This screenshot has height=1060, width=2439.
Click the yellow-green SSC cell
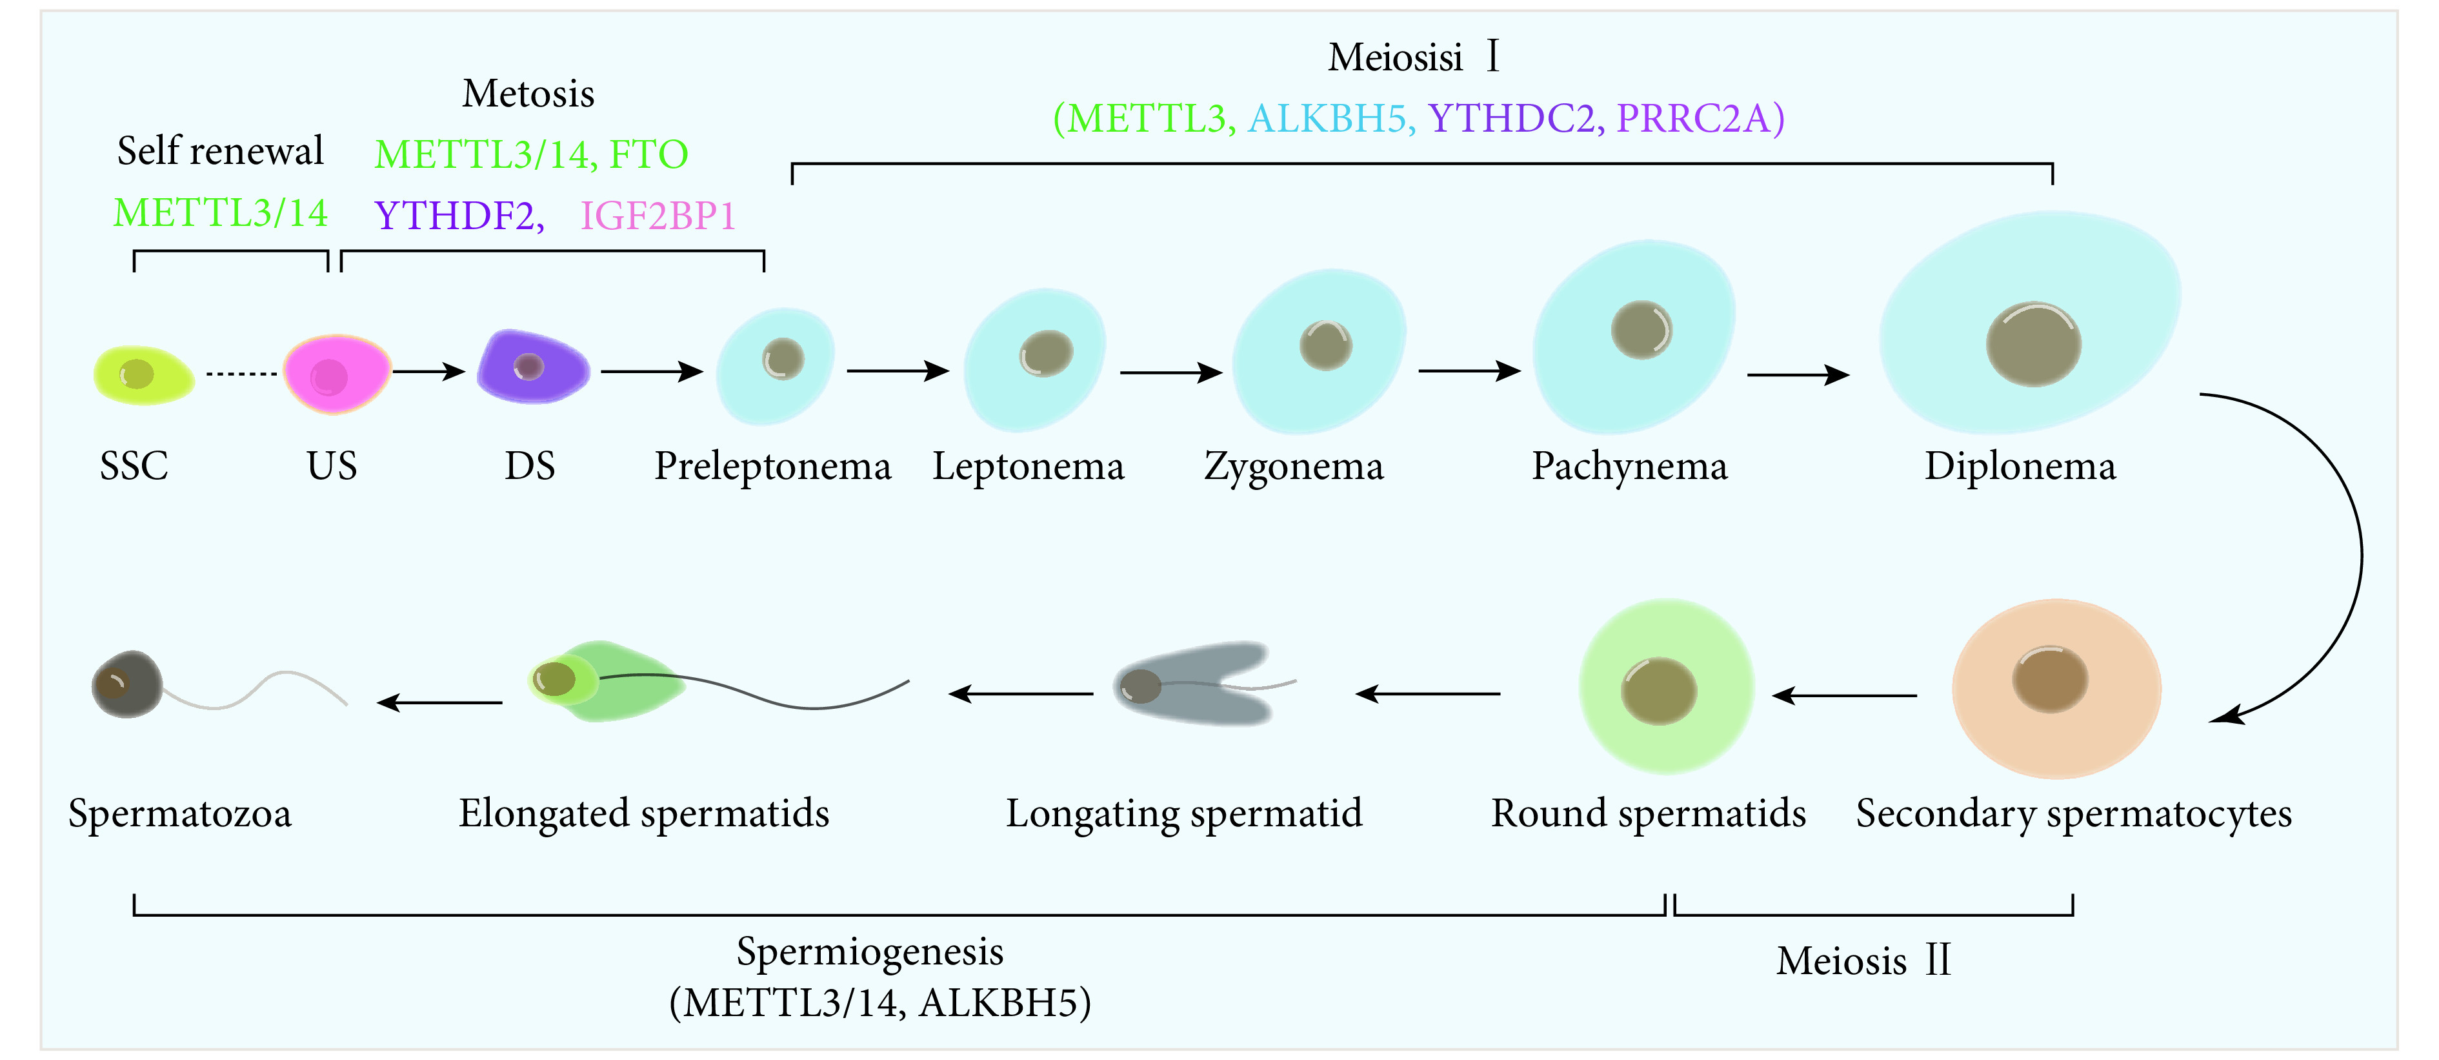pos(144,375)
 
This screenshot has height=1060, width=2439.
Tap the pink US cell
pos(337,374)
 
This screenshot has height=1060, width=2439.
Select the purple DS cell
pos(532,367)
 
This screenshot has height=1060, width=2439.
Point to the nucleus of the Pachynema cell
pos(1641,330)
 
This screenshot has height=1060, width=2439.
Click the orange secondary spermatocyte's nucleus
pos(2051,679)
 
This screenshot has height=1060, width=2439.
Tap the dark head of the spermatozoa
pos(128,684)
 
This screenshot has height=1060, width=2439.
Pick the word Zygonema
pos(1293,467)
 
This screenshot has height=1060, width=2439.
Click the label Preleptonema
pos(772,467)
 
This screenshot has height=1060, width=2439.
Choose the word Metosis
pos(528,94)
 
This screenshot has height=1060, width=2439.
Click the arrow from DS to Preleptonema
pos(652,371)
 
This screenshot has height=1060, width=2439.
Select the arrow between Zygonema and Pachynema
pos(1469,371)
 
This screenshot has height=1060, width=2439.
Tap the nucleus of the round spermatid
pos(1659,691)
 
